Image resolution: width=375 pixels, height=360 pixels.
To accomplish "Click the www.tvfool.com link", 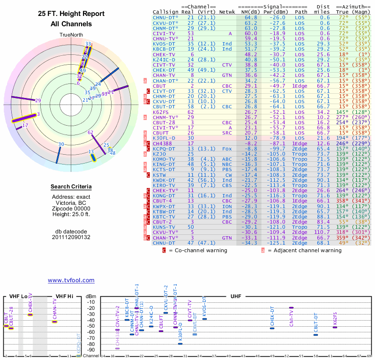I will (x=71, y=280).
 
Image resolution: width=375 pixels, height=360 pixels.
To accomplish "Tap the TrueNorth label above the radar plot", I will (x=71, y=35).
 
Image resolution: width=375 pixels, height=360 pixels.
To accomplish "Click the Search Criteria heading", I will (x=71, y=187).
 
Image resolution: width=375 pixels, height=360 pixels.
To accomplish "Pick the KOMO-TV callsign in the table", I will (x=164, y=158).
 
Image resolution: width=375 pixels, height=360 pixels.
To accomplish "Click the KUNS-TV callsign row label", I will (x=164, y=226).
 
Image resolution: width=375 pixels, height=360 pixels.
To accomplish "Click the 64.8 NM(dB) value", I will (x=251, y=18).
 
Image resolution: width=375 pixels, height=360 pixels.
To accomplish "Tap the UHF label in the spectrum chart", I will (x=235, y=296).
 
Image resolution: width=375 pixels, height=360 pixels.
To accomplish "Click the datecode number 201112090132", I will (x=71, y=237).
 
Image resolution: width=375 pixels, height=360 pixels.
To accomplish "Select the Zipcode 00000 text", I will (x=71, y=209).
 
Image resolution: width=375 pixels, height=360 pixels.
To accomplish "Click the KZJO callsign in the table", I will (x=160, y=153).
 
